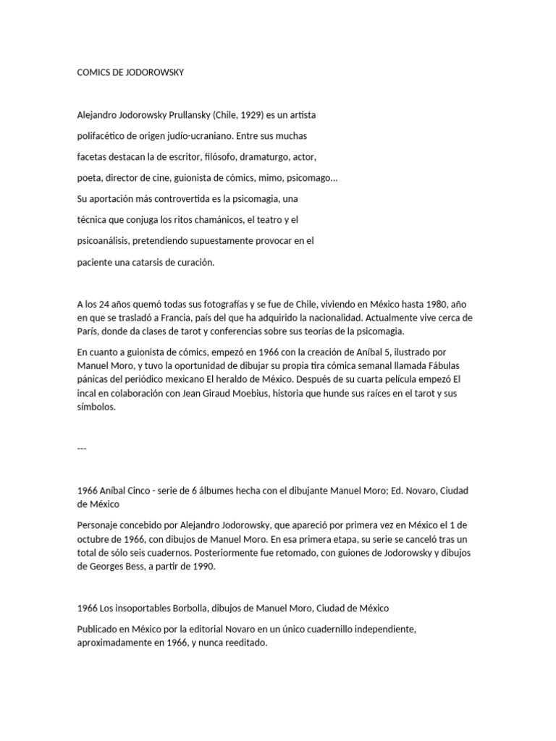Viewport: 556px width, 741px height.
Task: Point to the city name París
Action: click(x=89, y=331)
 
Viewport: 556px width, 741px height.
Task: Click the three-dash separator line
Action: click(x=82, y=448)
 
